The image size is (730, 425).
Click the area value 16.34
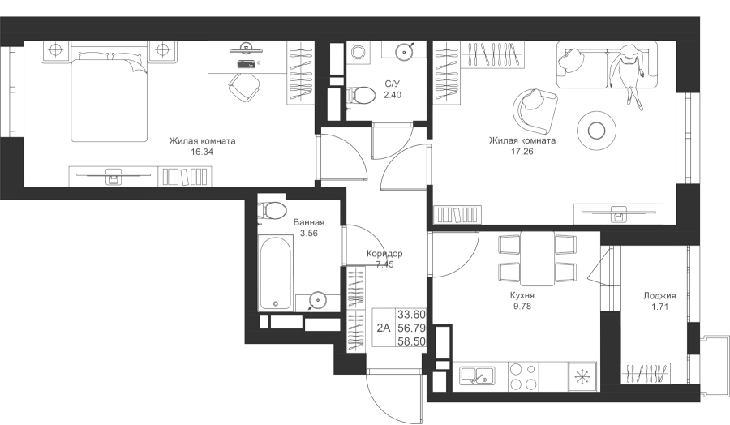click(202, 152)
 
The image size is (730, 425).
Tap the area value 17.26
click(522, 152)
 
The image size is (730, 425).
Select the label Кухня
click(522, 295)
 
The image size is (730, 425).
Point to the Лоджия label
click(659, 295)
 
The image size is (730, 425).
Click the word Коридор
click(384, 254)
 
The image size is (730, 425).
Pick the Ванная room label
click(309, 222)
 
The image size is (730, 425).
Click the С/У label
click(393, 84)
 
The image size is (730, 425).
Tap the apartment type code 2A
click(383, 328)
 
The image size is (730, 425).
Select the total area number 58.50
click(411, 341)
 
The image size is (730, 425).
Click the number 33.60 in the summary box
click(411, 315)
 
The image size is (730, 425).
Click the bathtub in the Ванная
click(276, 273)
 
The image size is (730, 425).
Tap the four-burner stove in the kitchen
click(523, 376)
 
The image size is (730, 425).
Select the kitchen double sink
click(477, 376)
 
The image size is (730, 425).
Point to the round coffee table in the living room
click(596, 131)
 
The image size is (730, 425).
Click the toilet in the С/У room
click(362, 95)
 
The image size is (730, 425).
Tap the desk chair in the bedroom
click(244, 88)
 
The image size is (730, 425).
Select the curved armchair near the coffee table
click(535, 110)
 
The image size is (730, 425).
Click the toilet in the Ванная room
click(272, 210)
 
